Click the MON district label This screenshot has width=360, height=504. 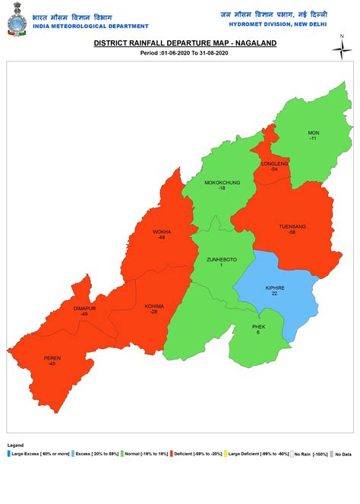pyautogui.click(x=313, y=133)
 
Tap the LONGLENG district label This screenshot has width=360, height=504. pyautogui.click(x=274, y=163)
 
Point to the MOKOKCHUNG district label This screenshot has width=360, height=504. pyautogui.click(x=222, y=182)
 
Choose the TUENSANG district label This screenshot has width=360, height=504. pyautogui.click(x=292, y=227)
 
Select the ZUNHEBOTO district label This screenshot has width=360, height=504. pyautogui.click(x=222, y=259)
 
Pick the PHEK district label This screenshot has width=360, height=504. pyautogui.click(x=258, y=327)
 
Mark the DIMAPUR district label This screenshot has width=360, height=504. pyautogui.click(x=85, y=308)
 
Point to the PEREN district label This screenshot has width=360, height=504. pyautogui.click(x=52, y=358)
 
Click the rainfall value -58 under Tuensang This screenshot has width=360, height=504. pyautogui.click(x=292, y=232)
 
